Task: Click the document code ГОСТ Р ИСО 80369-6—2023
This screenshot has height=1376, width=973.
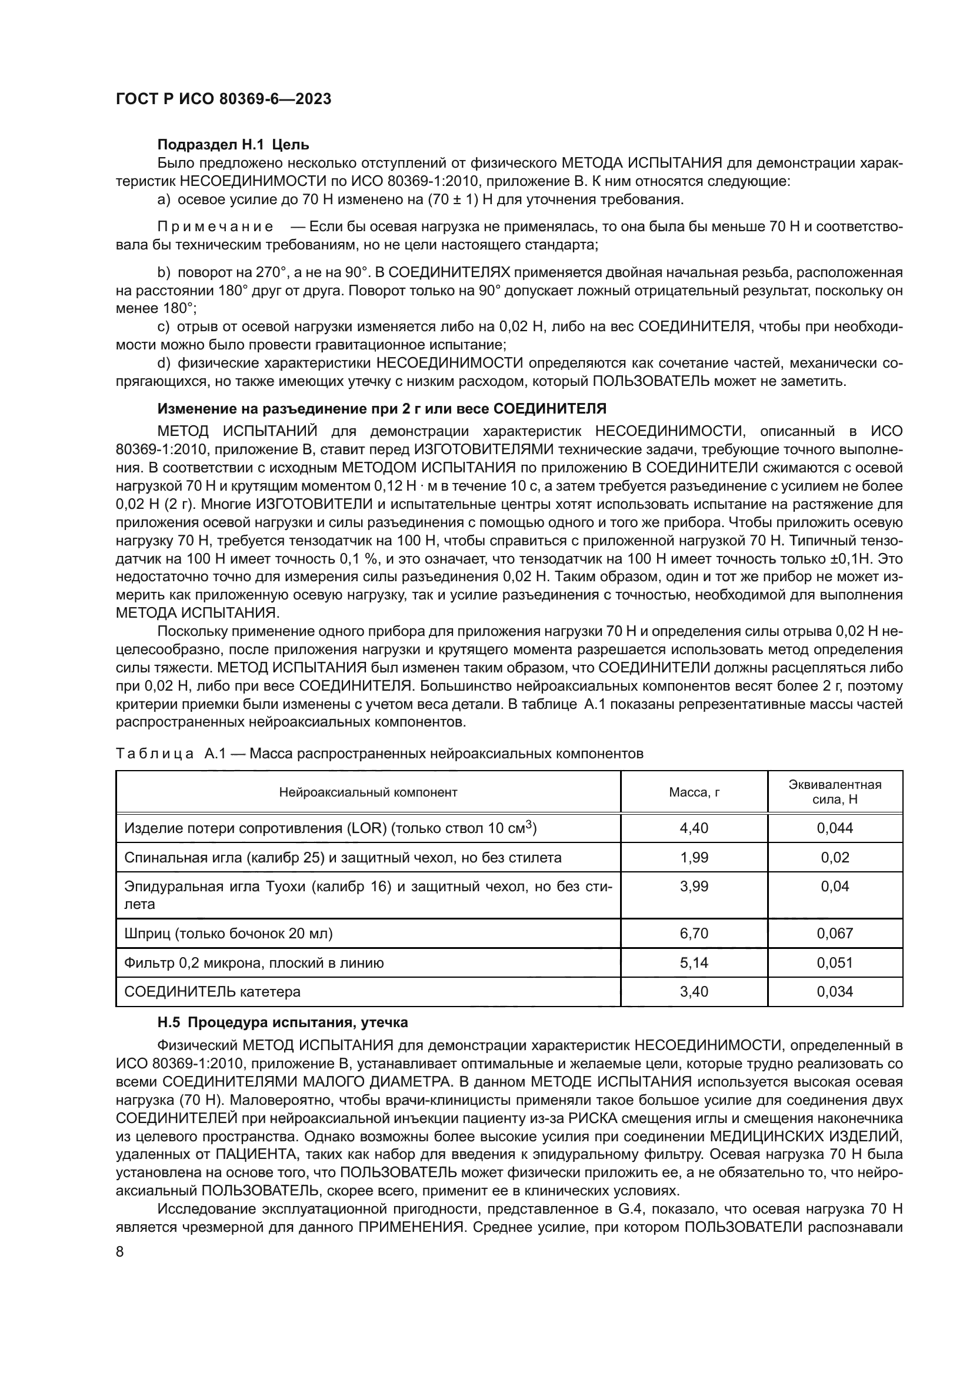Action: click(x=223, y=99)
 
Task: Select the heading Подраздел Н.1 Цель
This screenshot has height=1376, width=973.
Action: click(x=233, y=145)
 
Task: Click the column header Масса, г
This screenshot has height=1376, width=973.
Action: click(x=694, y=792)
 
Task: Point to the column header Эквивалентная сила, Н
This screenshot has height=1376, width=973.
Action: click(x=835, y=792)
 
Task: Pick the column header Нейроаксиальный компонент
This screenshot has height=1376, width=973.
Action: click(x=368, y=792)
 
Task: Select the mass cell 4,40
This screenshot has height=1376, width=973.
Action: click(x=694, y=828)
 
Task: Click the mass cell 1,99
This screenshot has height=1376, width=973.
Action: click(x=694, y=858)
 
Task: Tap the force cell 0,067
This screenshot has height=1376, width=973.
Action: click(x=835, y=933)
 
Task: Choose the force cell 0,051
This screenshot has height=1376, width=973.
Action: click(x=835, y=962)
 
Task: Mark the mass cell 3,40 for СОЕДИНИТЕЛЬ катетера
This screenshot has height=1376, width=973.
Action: click(x=694, y=992)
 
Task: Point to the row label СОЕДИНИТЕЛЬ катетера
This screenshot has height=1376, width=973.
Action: click(x=212, y=992)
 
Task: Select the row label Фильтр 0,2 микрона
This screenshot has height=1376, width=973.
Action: click(x=254, y=962)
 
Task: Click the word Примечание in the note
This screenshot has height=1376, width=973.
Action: click(x=215, y=226)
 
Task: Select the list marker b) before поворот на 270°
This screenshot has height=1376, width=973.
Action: click(x=164, y=273)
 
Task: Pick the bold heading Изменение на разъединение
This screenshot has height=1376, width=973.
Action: click(x=382, y=409)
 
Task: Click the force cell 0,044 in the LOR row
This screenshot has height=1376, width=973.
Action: click(x=835, y=828)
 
